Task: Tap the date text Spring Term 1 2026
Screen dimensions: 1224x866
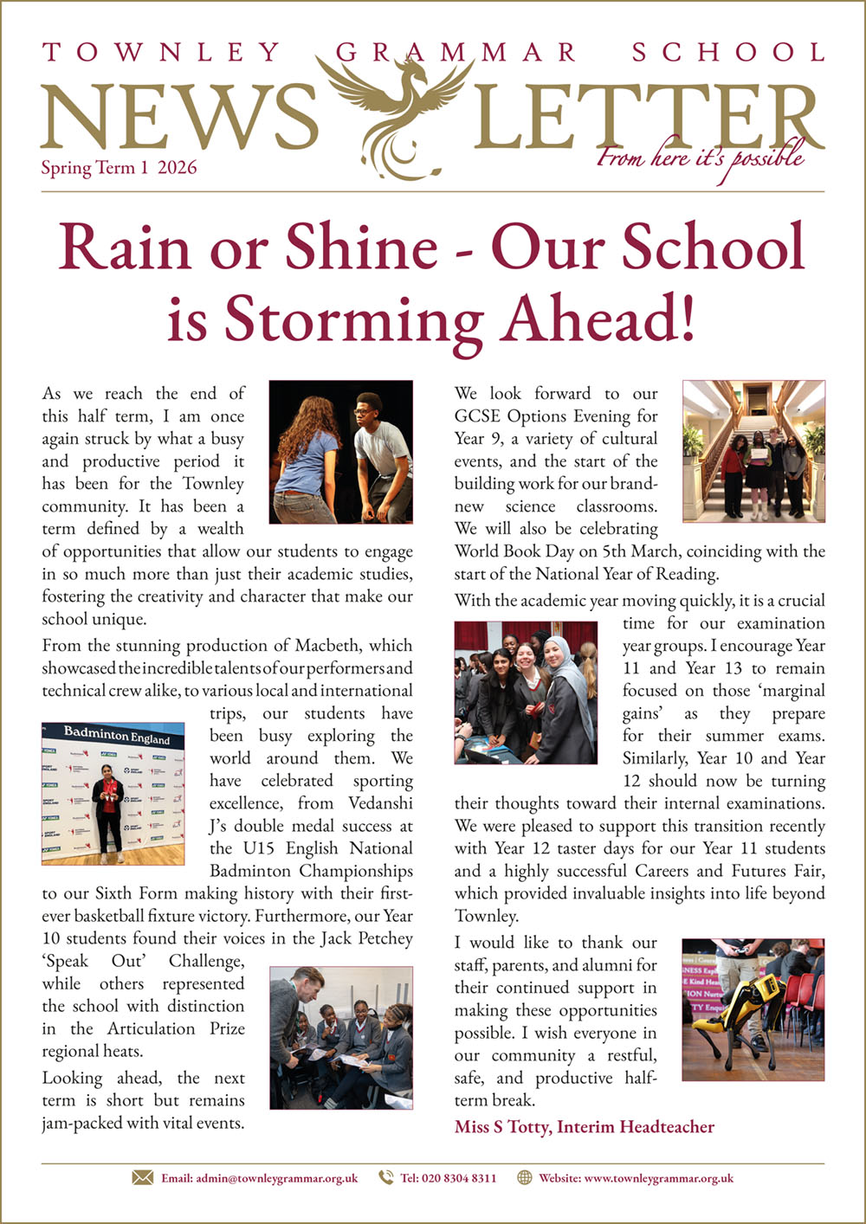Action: [x=119, y=168]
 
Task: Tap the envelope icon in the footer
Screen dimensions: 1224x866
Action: [x=142, y=1177]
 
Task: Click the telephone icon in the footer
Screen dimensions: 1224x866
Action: [x=386, y=1177]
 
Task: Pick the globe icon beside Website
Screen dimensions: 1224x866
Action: [x=525, y=1177]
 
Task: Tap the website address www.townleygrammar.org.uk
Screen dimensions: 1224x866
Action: [x=659, y=1178]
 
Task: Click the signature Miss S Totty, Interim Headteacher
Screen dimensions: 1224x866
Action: [x=585, y=1126]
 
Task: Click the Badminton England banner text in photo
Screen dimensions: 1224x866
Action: [x=117, y=736]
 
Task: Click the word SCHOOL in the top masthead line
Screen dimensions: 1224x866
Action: [x=728, y=53]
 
